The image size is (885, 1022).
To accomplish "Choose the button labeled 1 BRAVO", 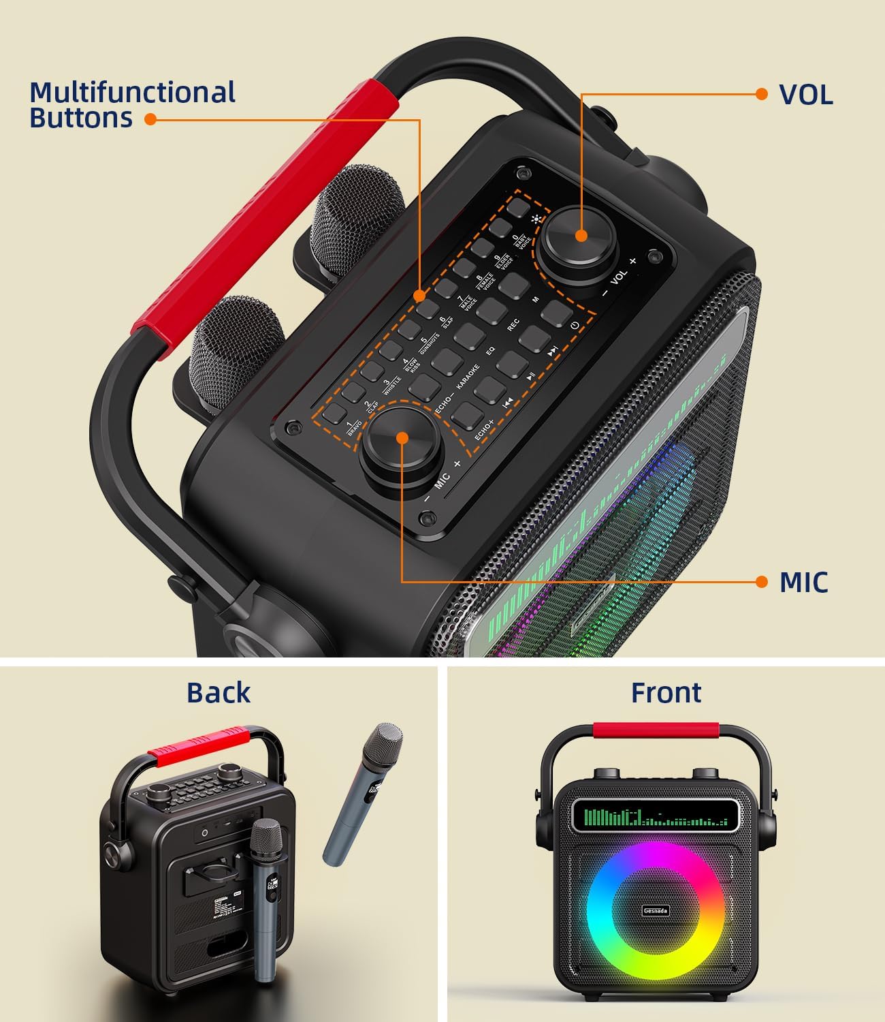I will (x=335, y=413).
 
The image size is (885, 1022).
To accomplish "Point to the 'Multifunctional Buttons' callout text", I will (x=132, y=105).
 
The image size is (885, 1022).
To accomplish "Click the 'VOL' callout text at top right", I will (x=805, y=95).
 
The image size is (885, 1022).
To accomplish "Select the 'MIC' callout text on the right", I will (x=803, y=583).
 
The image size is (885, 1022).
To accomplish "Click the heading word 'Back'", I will (x=219, y=692).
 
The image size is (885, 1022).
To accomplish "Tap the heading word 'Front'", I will (x=665, y=692).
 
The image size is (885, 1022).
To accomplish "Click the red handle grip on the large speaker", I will (x=265, y=204).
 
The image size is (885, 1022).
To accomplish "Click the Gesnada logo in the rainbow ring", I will (x=656, y=911).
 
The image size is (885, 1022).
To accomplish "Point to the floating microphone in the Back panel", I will (x=362, y=794).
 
